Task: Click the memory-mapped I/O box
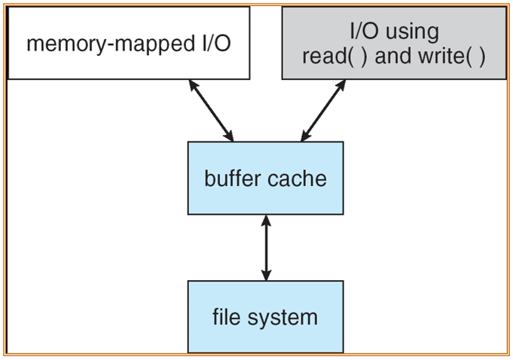tap(129, 43)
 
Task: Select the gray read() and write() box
tap(394, 43)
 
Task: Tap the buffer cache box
tap(266, 178)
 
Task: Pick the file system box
tap(266, 317)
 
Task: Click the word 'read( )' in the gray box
tap(334, 56)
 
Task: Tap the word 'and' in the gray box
tap(393, 56)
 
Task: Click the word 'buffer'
tap(233, 178)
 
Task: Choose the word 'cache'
tap(297, 179)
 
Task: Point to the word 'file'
tap(227, 316)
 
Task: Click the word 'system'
tap(282, 318)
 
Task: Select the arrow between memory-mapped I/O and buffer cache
tap(212, 111)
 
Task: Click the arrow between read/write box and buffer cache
tap(323, 111)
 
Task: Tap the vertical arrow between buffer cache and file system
tap(267, 248)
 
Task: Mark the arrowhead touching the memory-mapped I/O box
tap(193, 85)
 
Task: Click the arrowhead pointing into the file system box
tap(267, 275)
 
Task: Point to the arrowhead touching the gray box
tap(341, 85)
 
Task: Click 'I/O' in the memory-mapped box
tap(217, 43)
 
